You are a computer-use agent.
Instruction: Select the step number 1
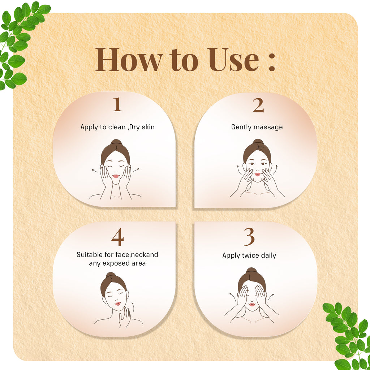coord(117,105)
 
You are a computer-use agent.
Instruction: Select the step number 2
coord(258,106)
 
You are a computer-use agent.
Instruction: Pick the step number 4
coord(117,237)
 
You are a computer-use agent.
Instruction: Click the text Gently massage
coord(257,127)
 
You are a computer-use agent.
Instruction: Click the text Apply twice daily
coord(249,255)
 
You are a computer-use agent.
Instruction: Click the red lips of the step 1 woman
coord(116,176)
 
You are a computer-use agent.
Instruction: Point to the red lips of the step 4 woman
coord(118,304)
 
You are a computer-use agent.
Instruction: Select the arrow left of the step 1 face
coord(94,170)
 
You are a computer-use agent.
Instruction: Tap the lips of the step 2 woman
coord(257,175)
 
